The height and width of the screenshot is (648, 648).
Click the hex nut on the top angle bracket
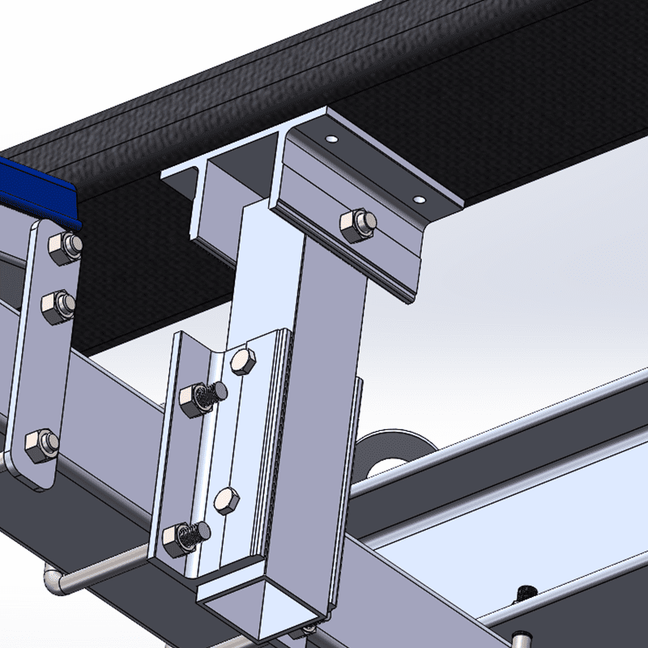coord(357,225)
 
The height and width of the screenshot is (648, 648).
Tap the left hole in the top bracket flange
coord(330,139)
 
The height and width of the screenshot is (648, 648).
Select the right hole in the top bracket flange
coord(418,198)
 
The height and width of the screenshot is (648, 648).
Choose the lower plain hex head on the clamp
coord(226,501)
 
